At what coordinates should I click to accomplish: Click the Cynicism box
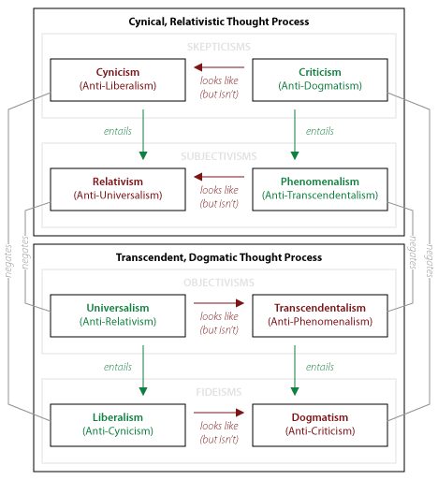click(x=118, y=80)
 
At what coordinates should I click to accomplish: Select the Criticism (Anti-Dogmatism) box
click(x=320, y=80)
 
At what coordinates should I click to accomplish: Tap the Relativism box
click(x=118, y=189)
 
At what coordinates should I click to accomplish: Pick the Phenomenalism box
click(x=320, y=189)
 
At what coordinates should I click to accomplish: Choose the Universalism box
click(x=118, y=315)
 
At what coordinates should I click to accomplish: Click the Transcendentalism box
click(x=320, y=315)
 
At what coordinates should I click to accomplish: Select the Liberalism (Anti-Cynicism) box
click(x=118, y=425)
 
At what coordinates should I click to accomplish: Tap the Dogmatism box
click(x=320, y=425)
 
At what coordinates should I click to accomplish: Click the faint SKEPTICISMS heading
click(x=219, y=47)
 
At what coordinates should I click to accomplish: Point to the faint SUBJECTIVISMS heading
click(x=219, y=156)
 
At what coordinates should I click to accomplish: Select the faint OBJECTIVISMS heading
click(x=219, y=283)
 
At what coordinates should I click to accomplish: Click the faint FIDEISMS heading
click(x=219, y=392)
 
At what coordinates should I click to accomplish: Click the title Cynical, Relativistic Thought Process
click(x=219, y=22)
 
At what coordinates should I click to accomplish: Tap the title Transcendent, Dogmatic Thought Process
click(x=219, y=257)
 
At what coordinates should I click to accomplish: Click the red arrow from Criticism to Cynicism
click(x=219, y=67)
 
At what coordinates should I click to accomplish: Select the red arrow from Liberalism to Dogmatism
click(x=219, y=413)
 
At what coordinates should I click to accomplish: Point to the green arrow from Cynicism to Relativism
click(x=143, y=135)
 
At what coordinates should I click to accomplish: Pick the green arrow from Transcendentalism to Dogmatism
click(x=295, y=371)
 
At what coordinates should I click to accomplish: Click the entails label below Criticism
click(x=320, y=131)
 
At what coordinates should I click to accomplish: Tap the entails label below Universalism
click(x=118, y=367)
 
